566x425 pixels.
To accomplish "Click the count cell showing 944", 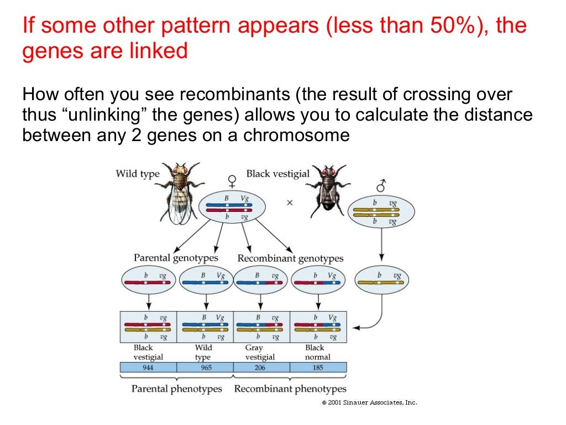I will [148, 367].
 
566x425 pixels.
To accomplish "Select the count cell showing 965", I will [205, 367].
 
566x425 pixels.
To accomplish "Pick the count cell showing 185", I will [318, 367].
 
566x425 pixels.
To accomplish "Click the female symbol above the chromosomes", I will [233, 181].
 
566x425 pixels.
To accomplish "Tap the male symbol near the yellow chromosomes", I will [381, 186].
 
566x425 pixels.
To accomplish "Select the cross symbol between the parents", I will [290, 203].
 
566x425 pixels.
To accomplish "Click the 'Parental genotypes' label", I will [176, 258].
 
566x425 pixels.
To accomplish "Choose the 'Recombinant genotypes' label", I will [290, 258].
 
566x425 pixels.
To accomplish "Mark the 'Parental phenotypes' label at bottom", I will [176, 389].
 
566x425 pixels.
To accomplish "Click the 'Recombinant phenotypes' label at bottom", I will [290, 389].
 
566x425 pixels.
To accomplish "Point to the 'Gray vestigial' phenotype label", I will [259, 353].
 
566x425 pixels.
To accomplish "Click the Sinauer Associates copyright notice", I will [369, 403].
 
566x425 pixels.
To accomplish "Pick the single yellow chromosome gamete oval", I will [381, 280].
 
